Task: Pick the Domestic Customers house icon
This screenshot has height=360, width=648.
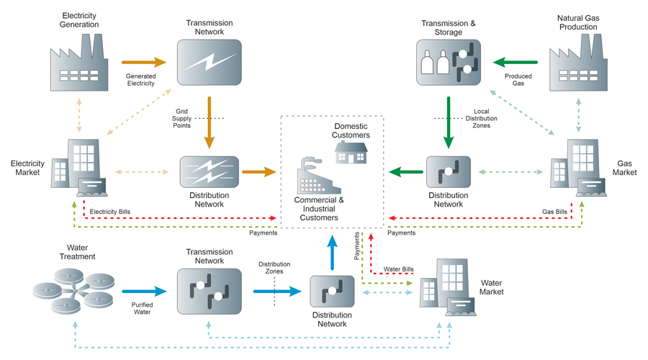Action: pyautogui.click(x=351, y=152)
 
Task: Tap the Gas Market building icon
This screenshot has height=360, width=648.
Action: pyautogui.click(x=578, y=168)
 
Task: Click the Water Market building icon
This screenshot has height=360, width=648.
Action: pyautogui.click(x=448, y=289)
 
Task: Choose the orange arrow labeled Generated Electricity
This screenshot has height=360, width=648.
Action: pyautogui.click(x=144, y=63)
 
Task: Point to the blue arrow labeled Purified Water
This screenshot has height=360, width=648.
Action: pyautogui.click(x=144, y=292)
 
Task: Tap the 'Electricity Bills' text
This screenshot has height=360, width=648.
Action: pyautogui.click(x=110, y=212)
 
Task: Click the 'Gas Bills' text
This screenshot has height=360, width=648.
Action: pyautogui.click(x=554, y=212)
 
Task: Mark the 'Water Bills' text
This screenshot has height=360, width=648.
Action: pyautogui.click(x=398, y=269)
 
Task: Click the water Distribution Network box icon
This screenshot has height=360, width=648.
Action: pyautogui.click(x=332, y=292)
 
